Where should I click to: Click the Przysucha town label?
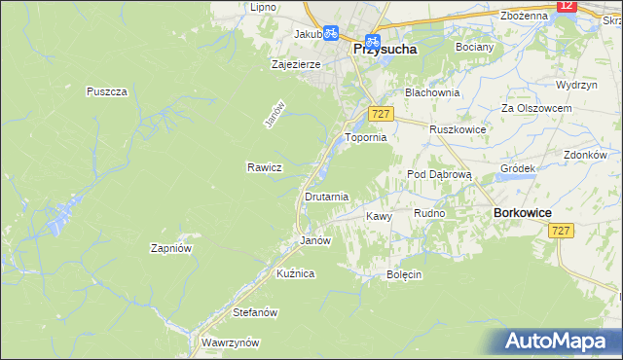(385, 47)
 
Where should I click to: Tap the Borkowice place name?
(523, 212)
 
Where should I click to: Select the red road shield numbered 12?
(568, 6)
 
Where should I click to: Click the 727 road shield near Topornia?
(381, 115)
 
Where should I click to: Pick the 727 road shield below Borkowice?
(560, 230)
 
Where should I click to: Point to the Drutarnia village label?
(326, 197)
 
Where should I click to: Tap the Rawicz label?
(264, 167)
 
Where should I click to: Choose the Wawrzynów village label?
(230, 343)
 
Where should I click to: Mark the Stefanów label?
(256, 313)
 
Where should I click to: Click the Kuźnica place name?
(295, 274)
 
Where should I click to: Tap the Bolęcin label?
(403, 274)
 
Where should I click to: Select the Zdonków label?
(585, 155)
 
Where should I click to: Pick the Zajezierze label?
(295, 65)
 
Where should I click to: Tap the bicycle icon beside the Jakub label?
(330, 32)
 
